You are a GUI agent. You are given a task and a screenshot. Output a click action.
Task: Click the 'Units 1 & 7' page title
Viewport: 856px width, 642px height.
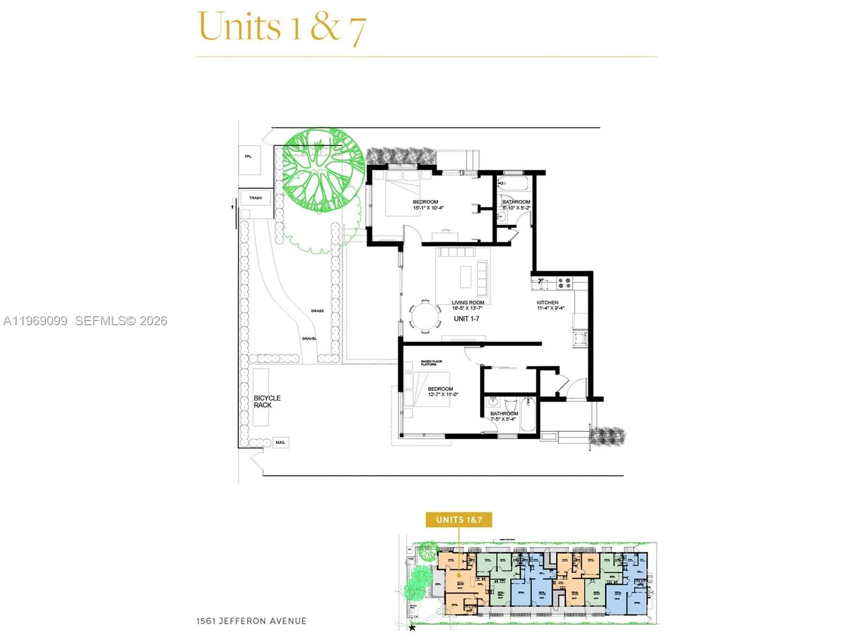[282, 27]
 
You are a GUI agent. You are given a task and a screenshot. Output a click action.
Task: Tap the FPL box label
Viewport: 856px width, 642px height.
[248, 157]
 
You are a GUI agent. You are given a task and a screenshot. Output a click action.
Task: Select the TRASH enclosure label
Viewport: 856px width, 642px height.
[256, 198]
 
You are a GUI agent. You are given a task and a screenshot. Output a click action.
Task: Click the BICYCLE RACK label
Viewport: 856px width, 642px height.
[267, 401]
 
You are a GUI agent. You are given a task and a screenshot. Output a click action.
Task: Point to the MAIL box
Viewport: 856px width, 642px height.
[280, 442]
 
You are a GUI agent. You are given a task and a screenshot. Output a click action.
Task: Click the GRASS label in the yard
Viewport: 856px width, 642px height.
[317, 311]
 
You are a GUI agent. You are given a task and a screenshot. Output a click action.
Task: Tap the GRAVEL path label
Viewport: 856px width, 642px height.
[309, 339]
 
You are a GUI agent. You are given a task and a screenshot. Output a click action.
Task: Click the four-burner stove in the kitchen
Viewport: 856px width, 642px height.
[564, 282]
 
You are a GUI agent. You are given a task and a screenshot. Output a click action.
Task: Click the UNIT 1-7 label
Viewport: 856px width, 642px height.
[467, 319]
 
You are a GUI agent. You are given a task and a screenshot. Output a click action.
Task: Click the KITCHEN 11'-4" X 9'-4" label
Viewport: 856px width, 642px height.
[550, 305]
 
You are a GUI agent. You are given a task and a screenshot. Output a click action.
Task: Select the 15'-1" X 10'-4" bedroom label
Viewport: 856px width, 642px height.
[427, 205]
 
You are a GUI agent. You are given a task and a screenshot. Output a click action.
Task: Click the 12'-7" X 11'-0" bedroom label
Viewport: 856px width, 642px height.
[442, 392]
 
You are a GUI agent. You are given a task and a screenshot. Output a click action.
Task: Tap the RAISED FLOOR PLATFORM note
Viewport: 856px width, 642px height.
[431, 363]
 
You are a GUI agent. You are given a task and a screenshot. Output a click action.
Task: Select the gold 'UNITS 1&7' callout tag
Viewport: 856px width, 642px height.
[458, 519]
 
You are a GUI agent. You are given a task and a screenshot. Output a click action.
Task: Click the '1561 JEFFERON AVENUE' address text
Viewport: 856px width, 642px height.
[251, 621]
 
